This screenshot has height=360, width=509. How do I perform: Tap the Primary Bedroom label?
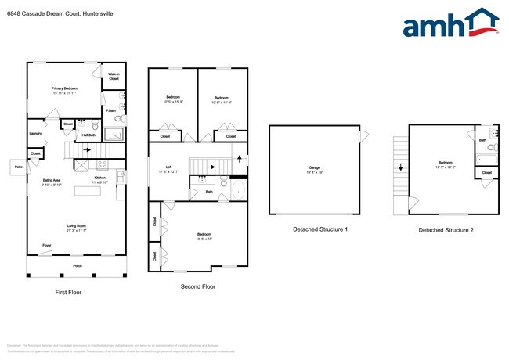64,89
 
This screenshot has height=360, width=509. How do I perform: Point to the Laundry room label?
35,133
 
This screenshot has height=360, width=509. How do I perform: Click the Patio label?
18,167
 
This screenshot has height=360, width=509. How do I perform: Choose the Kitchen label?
100,178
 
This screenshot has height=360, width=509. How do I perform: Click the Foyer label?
47,246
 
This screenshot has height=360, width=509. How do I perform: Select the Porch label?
77,265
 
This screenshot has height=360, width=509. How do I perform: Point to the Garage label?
314,167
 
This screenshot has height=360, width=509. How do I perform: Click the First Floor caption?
68,292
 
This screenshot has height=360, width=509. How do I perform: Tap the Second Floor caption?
198,286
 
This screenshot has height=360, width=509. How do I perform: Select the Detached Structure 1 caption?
320,229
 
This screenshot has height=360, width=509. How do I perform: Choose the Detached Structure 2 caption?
446,230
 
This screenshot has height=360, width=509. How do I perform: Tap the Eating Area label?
53,181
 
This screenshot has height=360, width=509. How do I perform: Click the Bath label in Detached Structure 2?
482,141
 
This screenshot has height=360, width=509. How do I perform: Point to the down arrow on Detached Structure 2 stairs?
400,167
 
